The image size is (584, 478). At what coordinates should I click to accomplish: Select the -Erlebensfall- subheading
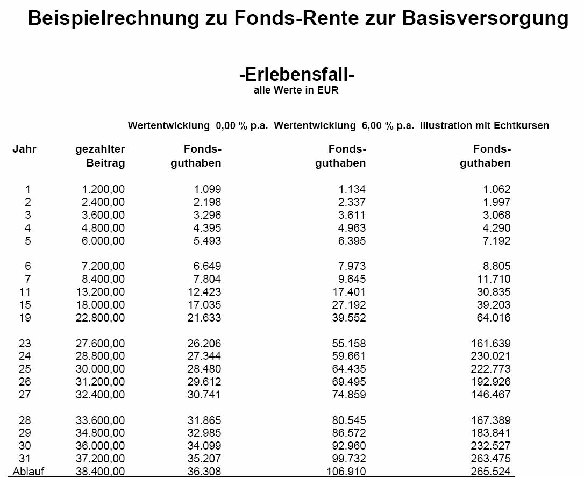click(296, 74)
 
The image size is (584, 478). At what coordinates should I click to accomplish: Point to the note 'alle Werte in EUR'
click(296, 90)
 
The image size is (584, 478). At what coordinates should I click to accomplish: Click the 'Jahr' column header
click(24, 149)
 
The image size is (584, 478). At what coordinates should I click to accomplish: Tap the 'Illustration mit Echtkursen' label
click(485, 126)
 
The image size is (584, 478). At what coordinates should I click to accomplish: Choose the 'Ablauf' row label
click(29, 472)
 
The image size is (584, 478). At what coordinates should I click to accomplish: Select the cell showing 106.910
click(346, 472)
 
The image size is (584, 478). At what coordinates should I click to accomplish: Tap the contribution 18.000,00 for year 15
click(101, 305)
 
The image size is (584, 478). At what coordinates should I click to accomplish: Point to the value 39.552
click(348, 318)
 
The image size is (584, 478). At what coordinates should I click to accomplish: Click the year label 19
click(25, 318)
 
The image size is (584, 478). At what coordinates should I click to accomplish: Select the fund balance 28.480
click(203, 369)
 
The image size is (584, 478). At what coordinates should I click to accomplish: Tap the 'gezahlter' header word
click(100, 149)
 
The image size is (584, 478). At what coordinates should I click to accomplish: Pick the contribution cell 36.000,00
click(101, 446)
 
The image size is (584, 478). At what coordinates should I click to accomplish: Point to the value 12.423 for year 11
click(203, 292)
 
